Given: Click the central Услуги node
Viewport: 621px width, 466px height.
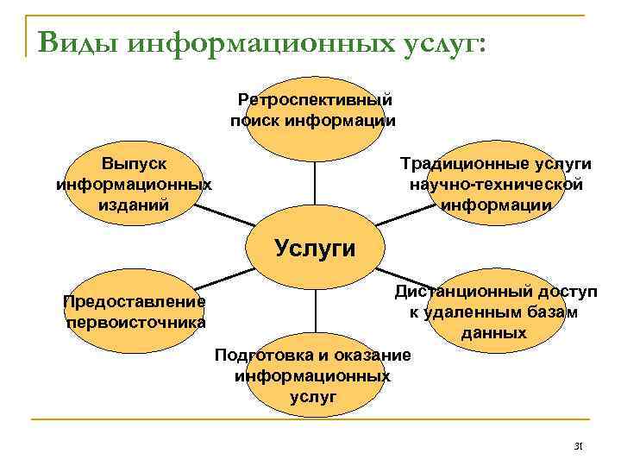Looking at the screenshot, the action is tap(314, 248).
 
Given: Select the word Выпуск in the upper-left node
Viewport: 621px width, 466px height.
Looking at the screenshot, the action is tap(134, 163).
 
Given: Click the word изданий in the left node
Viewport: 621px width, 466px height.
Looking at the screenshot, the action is tap(134, 205).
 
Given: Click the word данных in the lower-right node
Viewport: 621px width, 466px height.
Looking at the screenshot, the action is tap(494, 332).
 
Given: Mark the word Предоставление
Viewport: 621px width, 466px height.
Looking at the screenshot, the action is tap(134, 301).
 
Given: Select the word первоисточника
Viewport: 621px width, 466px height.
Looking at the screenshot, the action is tap(135, 322).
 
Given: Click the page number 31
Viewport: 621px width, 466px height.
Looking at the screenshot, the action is tap(579, 446).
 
